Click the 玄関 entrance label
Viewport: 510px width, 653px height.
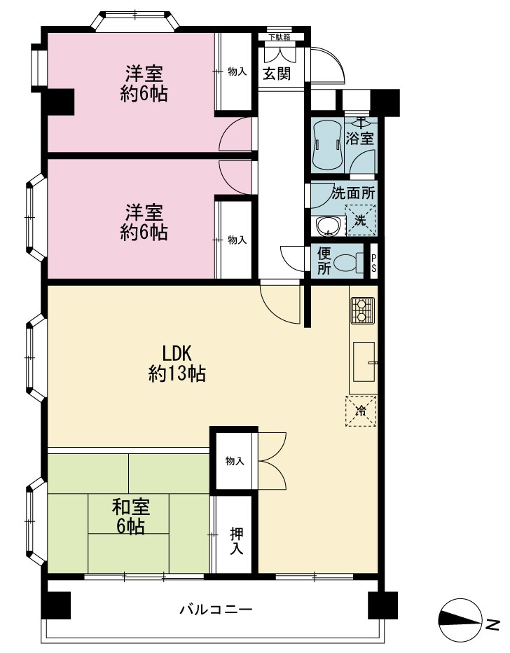click(x=277, y=74)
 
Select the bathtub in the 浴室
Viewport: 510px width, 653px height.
click(x=327, y=145)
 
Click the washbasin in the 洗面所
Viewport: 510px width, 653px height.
click(x=329, y=227)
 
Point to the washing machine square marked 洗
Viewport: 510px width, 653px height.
click(x=361, y=220)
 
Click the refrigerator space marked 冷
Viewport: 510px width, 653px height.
click(x=361, y=411)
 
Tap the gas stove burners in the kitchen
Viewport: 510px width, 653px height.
click(x=363, y=310)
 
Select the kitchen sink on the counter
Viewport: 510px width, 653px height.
click(x=364, y=362)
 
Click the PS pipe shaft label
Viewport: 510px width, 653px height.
click(x=373, y=263)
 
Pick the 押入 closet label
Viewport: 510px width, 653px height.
click(x=237, y=542)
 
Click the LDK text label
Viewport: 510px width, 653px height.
click(x=177, y=354)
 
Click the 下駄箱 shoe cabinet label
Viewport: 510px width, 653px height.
click(x=280, y=37)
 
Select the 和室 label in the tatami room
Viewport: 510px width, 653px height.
click(x=131, y=507)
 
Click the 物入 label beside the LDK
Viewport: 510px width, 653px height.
click(x=235, y=461)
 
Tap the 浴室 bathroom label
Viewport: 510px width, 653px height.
click(x=359, y=138)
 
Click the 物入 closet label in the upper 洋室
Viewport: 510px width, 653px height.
click(x=237, y=71)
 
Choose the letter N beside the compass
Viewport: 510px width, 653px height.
click(x=493, y=624)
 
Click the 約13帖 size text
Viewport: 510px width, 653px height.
click(x=177, y=373)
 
